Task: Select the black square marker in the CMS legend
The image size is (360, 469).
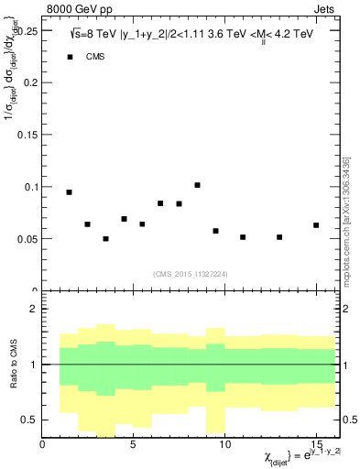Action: coord(70,57)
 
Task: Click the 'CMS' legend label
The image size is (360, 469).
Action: coord(95,57)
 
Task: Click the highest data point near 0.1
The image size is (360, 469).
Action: coord(197,185)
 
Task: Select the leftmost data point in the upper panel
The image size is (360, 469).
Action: coord(69,192)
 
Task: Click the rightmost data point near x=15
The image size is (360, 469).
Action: coord(316,225)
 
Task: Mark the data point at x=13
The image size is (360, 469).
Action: coord(279,237)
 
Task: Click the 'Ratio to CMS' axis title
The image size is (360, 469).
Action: coord(14,365)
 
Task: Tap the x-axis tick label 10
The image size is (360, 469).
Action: coord(224,445)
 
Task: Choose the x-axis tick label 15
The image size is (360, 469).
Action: coord(316,445)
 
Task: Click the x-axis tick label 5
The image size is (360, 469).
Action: coord(133,445)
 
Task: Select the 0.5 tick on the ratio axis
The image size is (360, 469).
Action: coord(32,420)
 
